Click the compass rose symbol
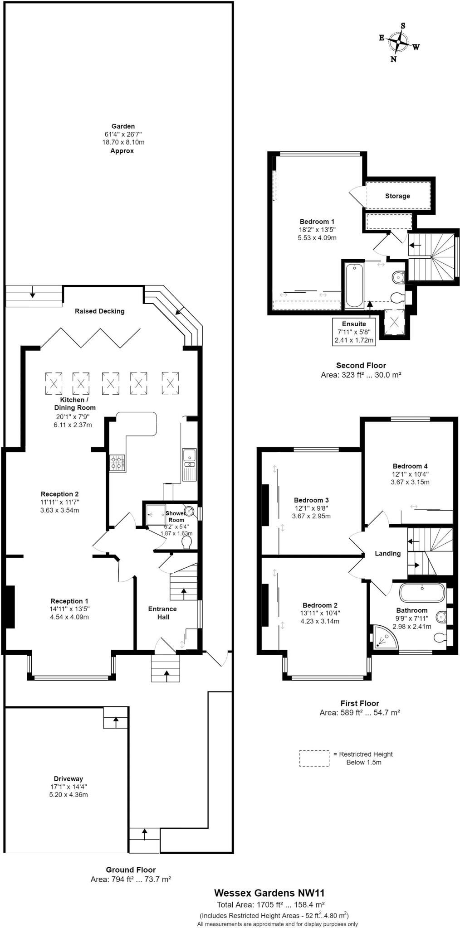coord(398,43)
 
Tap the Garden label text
coord(123,126)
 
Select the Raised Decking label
coord(99,311)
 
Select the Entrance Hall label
coord(162,613)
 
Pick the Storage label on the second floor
coord(397,196)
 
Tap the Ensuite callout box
coord(354,332)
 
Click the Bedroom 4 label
coord(410,466)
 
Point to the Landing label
coord(387,553)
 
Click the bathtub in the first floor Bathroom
coord(421,593)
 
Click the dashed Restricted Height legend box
coord(314,758)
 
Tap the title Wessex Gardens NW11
coord(269,893)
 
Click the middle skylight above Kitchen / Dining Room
coord(110,383)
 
